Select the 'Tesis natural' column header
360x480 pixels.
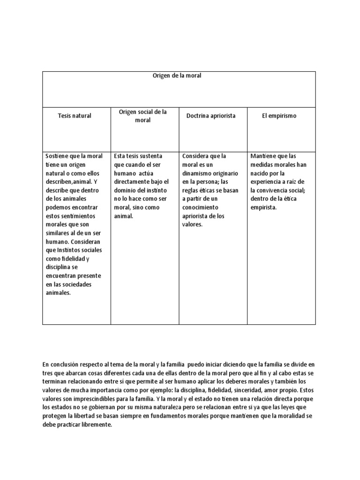[75, 115]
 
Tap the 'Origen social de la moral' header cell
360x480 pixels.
[143, 116]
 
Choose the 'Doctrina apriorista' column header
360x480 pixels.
[211, 115]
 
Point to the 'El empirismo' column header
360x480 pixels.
[279, 115]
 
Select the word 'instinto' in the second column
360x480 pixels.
[152, 190]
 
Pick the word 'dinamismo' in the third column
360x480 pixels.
[198, 173]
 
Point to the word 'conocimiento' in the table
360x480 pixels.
[201, 208]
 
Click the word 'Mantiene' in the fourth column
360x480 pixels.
[264, 156]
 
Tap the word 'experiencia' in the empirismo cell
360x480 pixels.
[268, 182]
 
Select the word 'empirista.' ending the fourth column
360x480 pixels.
[264, 208]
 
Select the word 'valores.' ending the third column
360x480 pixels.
[192, 225]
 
